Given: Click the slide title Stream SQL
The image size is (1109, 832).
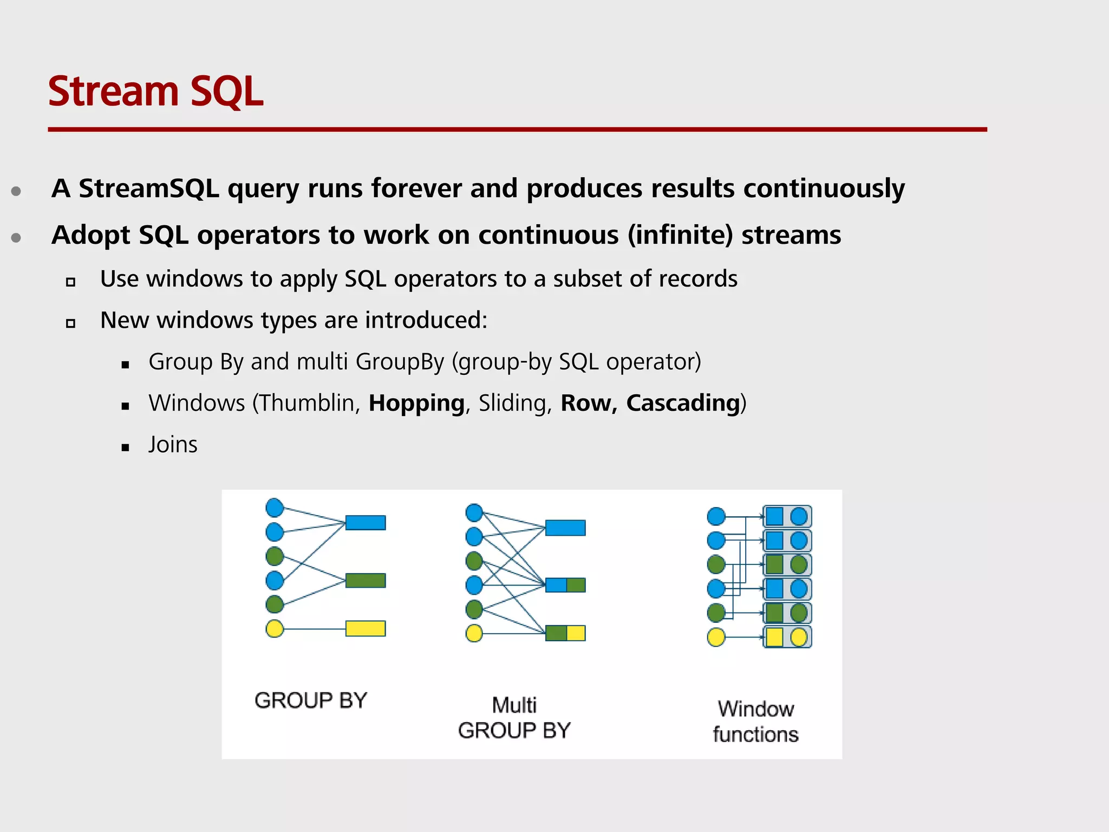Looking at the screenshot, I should (155, 91).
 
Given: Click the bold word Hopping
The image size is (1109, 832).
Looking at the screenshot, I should (416, 404).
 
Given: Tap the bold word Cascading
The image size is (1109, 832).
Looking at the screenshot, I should (683, 404).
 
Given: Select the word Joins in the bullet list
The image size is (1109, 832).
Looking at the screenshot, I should (173, 445).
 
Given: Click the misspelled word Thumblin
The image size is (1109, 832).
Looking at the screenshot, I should (306, 404).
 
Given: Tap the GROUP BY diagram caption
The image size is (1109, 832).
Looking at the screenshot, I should (311, 700).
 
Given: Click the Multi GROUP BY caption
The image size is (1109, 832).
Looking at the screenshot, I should (514, 718).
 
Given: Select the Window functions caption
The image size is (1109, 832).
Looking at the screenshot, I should (755, 721).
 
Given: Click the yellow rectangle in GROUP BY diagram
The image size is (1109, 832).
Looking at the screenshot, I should (366, 628).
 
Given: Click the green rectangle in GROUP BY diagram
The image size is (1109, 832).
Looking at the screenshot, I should (366, 581).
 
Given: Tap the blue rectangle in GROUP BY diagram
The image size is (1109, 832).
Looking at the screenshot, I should (366, 523).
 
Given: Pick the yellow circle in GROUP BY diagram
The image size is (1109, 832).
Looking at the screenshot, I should (275, 628).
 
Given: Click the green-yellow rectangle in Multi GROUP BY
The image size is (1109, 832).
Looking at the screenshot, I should (565, 633).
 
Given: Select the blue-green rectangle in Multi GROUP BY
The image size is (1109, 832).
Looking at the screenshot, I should (565, 585).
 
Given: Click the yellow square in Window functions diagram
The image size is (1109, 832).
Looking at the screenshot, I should (774, 637).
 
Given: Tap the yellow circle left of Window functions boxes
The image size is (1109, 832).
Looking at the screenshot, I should (716, 637).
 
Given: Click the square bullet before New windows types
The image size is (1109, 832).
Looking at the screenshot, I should (70, 323).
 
